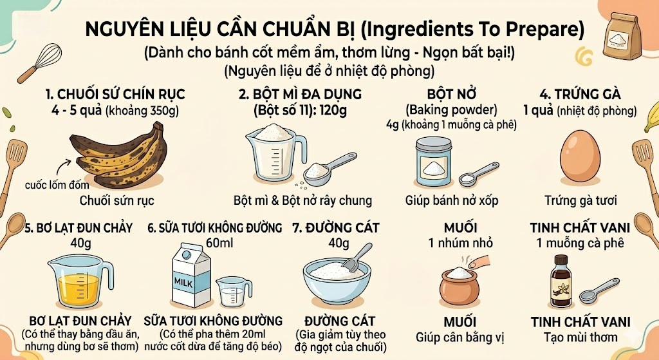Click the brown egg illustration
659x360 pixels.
[x=582, y=157]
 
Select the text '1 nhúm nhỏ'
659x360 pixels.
[x=460, y=243]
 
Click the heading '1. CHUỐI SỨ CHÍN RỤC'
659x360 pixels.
[x=115, y=95]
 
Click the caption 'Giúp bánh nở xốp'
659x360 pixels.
[x=452, y=200]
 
